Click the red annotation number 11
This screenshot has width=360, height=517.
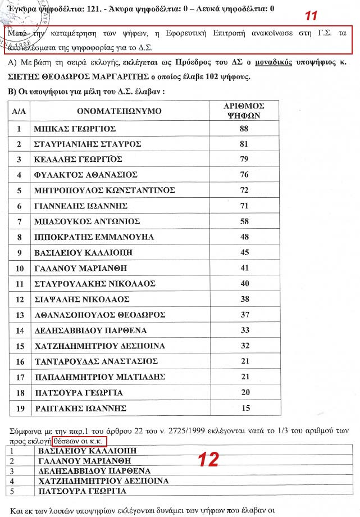pyautogui.click(x=311, y=16)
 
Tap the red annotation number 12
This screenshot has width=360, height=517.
pyautogui.click(x=207, y=460)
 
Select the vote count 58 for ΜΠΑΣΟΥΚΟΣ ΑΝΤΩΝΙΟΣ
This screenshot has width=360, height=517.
pyautogui.click(x=244, y=221)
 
